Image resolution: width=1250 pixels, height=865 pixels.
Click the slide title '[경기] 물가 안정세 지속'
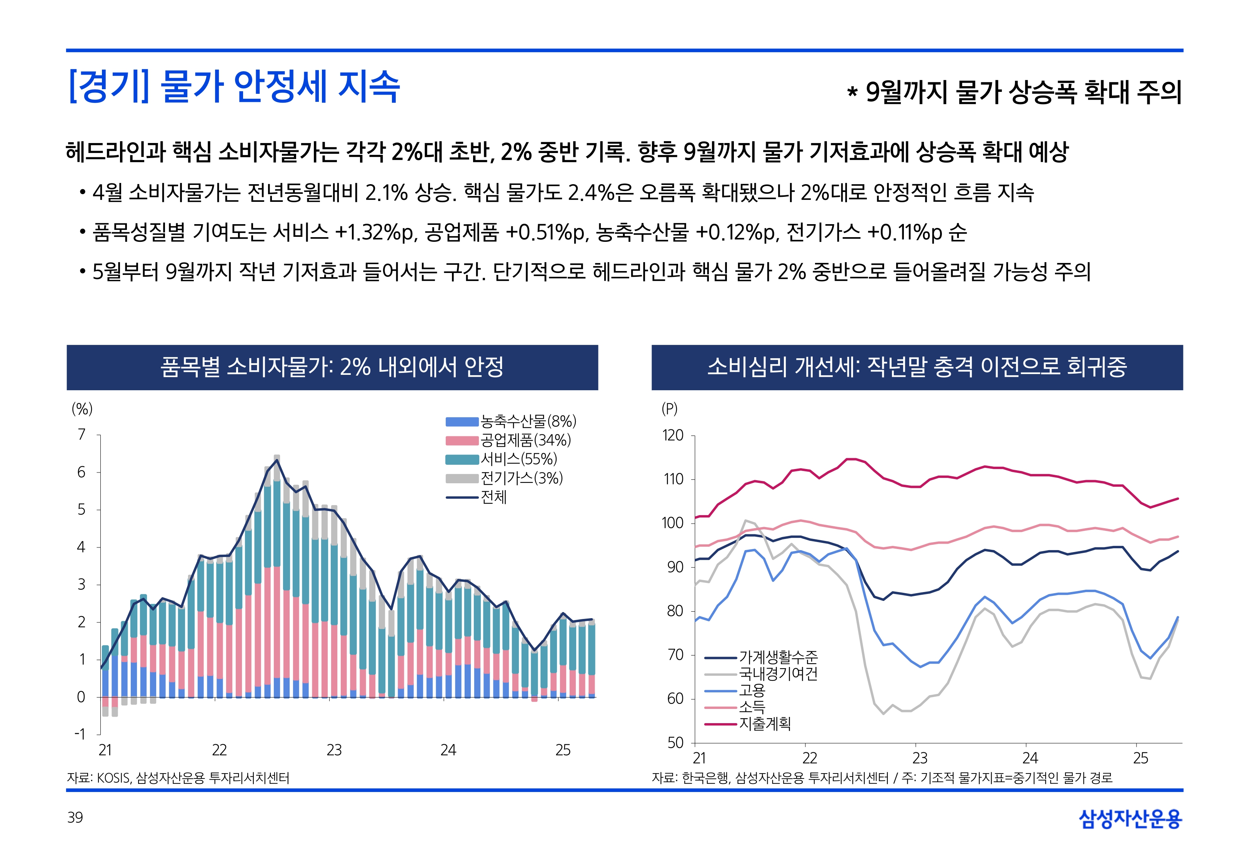click(x=234, y=87)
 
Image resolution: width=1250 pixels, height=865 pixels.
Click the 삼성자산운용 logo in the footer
click(x=1130, y=818)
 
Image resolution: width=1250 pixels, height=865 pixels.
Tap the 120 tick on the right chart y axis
click(x=673, y=435)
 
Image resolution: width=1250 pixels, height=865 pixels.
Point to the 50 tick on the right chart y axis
click(x=675, y=742)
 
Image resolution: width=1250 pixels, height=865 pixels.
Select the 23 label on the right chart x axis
click(x=920, y=758)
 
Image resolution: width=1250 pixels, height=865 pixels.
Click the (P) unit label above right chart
click(x=670, y=409)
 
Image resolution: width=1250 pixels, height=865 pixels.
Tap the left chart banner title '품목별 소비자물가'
click(x=332, y=367)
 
